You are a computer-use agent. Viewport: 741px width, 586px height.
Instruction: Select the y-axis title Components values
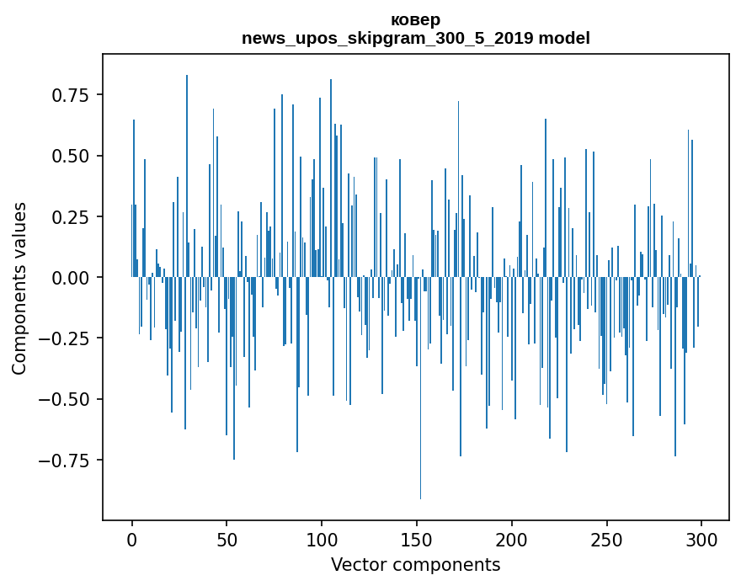(x=19, y=288)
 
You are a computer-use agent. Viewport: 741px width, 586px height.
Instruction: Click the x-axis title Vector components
(x=415, y=565)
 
